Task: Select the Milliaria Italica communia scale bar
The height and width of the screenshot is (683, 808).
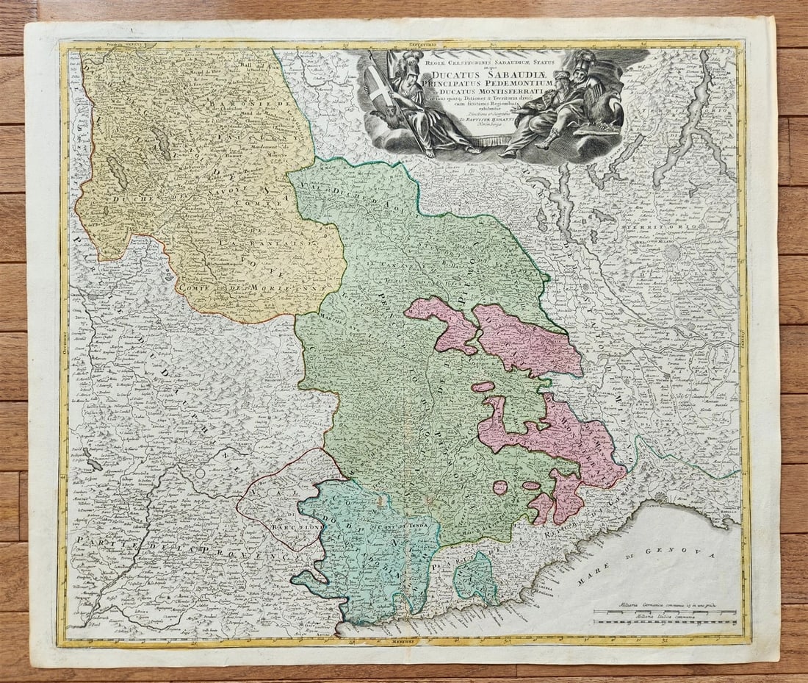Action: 665,622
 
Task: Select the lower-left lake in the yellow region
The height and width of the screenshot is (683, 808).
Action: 118,172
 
